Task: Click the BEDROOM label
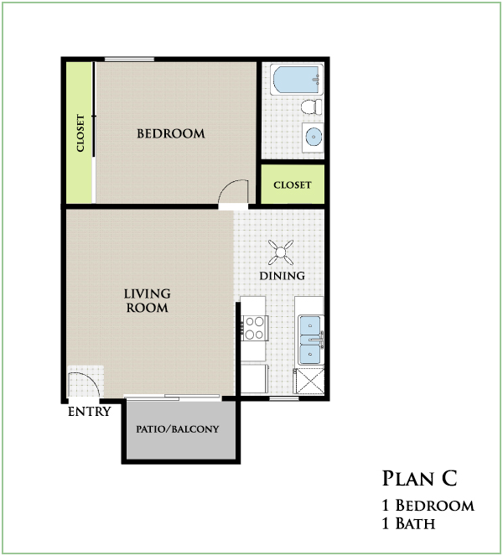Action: tap(171, 133)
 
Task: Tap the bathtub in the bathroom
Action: tap(297, 80)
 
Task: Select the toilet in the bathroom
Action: tap(312, 107)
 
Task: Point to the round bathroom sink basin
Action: tap(314, 137)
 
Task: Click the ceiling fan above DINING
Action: tap(281, 252)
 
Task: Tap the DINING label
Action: tap(283, 276)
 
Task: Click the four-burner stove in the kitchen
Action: tap(255, 328)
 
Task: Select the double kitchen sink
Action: tap(310, 340)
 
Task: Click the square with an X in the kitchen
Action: tap(309, 382)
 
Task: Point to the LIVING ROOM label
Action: tap(147, 300)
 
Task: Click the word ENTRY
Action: tap(90, 412)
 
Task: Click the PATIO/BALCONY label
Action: tap(178, 429)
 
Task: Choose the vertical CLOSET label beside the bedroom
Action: tap(80, 133)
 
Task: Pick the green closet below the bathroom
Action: tap(293, 184)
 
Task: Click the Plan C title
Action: tap(420, 478)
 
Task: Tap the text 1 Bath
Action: tap(408, 523)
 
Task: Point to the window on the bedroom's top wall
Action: tap(129, 60)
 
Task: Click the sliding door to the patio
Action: tap(173, 398)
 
